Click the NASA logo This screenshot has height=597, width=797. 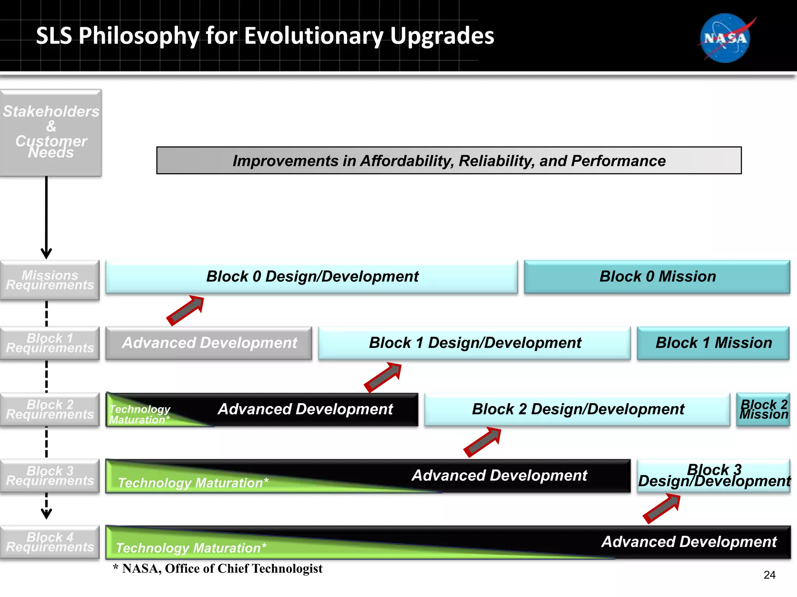coord(725,38)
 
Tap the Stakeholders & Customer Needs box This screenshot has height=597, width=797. coord(51,132)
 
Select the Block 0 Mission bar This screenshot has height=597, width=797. coord(657,277)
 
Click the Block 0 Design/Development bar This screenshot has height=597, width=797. coord(311,277)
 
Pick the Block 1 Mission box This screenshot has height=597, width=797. coord(713,343)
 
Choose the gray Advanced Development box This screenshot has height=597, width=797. coord(209,343)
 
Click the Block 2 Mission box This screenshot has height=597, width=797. coord(763,409)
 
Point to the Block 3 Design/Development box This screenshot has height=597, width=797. coord(713,475)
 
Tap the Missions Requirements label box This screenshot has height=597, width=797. coord(50,280)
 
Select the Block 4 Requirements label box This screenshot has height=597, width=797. coord(50,542)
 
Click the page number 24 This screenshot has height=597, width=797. coord(769,575)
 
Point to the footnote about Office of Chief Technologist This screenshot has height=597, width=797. coord(218,569)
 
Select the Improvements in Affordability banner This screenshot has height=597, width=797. coord(449,161)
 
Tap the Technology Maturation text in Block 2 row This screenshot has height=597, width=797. coord(139,414)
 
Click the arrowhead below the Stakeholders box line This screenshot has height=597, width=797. coord(46,254)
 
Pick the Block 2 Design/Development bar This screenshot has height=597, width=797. coord(577,409)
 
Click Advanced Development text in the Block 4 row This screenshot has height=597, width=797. coord(689,542)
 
